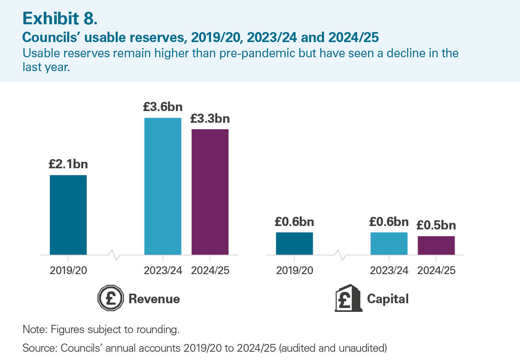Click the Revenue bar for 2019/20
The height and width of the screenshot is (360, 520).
point(68,215)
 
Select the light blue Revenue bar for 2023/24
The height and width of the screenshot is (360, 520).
point(162,186)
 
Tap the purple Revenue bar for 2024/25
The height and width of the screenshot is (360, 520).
point(210,192)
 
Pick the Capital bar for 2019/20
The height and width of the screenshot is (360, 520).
point(294,243)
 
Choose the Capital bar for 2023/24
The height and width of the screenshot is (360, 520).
point(389,243)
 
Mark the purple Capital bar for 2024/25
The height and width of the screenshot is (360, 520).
point(436,245)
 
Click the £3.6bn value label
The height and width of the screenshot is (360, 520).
point(163,107)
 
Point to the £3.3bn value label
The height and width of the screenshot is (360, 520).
point(210,118)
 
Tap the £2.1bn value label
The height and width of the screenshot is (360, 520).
point(68,164)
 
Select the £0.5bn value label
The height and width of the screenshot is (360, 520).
point(436,226)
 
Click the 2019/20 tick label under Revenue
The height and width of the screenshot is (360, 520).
point(68,271)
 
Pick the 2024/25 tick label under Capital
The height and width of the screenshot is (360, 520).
point(436,271)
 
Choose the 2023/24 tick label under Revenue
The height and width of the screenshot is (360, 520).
point(162,271)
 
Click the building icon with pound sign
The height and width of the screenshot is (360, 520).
point(348,299)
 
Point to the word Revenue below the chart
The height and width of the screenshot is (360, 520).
point(154,299)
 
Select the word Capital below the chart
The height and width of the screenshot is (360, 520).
point(387,299)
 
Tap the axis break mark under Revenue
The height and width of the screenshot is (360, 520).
point(116,255)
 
